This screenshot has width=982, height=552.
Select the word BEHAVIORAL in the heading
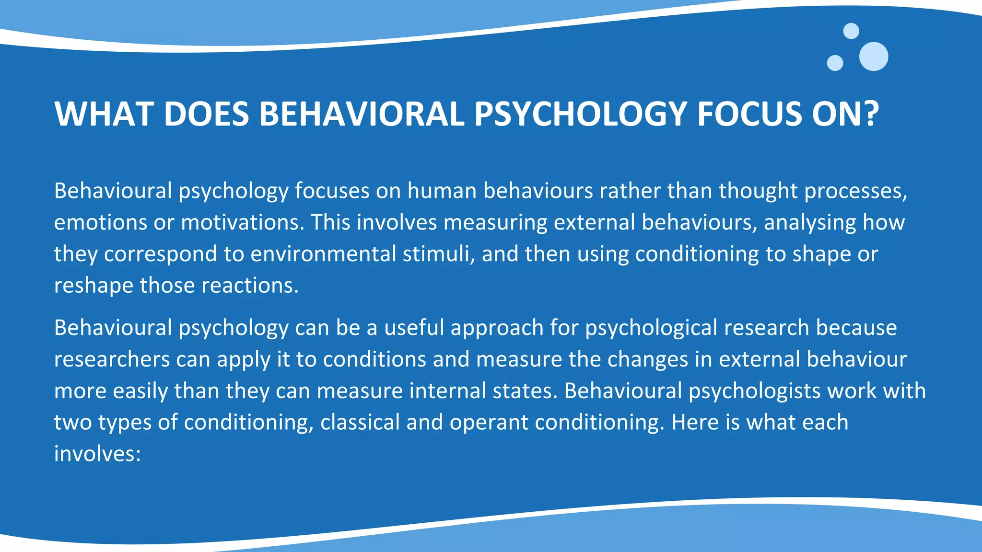coord(362,114)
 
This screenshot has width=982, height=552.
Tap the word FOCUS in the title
coord(749,114)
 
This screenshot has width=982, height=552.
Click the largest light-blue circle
coord(873,57)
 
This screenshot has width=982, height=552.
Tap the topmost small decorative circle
coord(851,31)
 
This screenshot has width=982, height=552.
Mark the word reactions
coord(250,286)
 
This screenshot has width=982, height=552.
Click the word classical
coord(360,423)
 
